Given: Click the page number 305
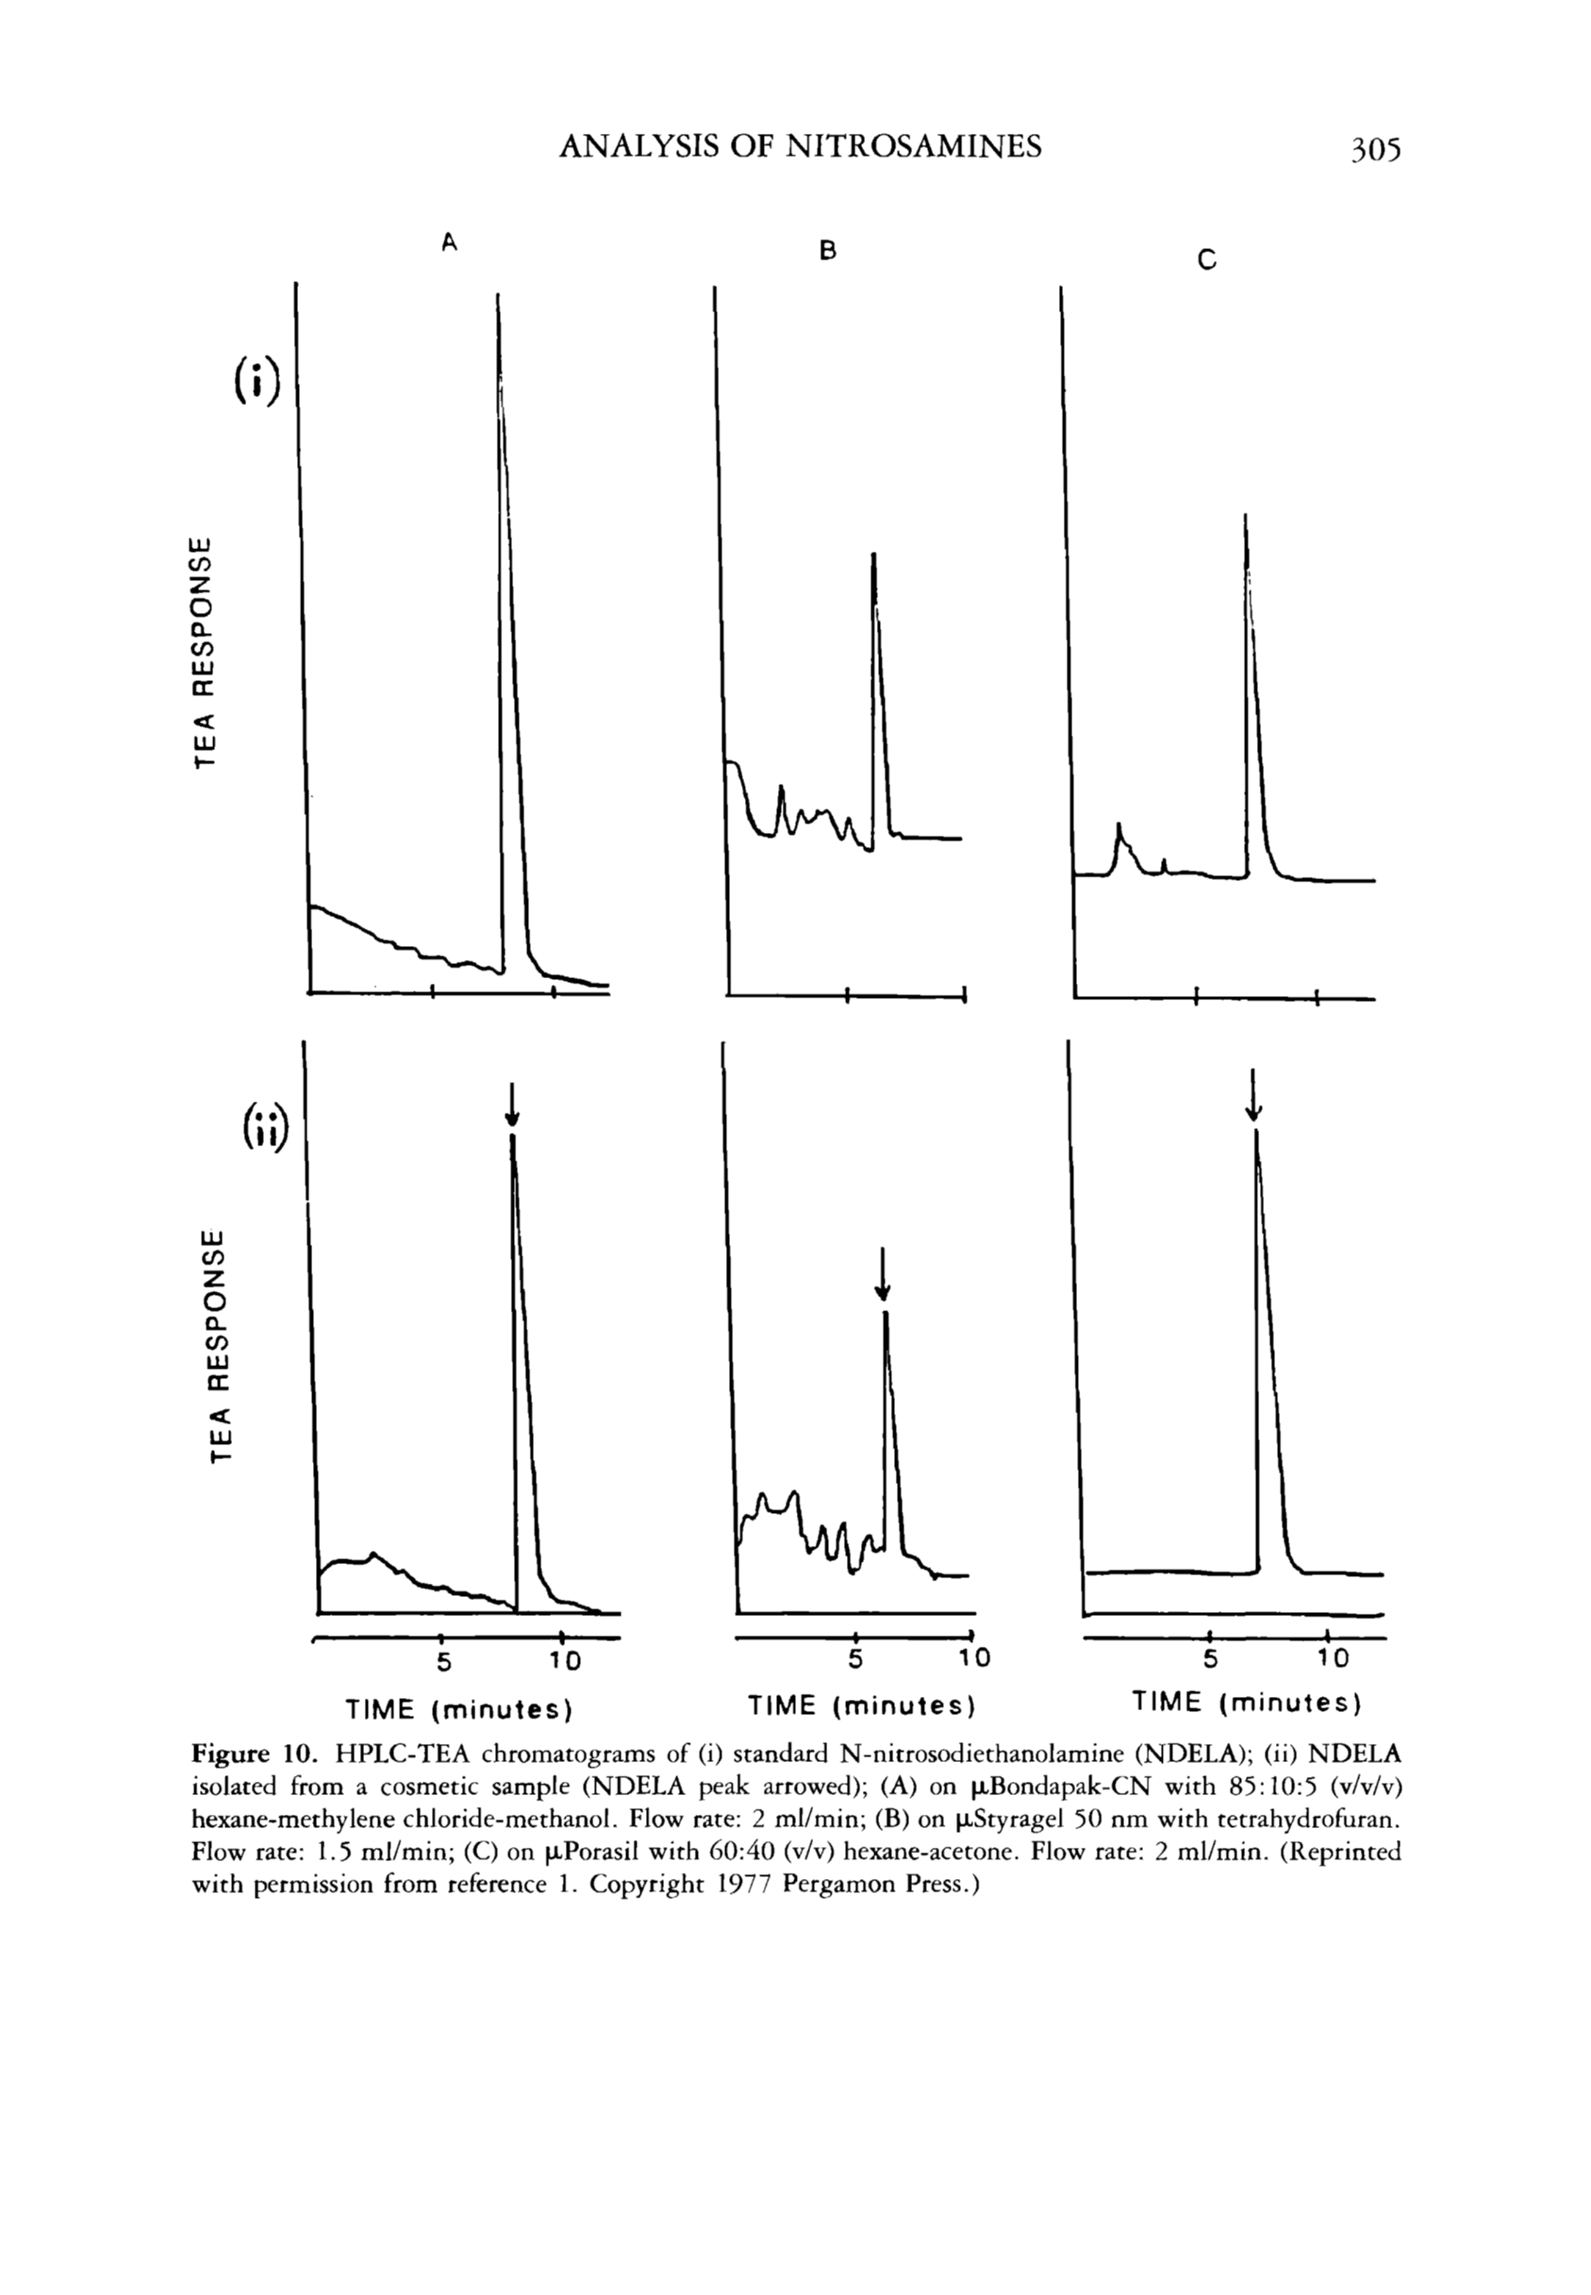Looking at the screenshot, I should coord(1376,150).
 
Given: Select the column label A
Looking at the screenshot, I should coord(450,242).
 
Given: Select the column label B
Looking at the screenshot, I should coord(826,250).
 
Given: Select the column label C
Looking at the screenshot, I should coord(1206,261).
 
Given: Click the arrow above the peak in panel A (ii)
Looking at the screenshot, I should coord(511,1105).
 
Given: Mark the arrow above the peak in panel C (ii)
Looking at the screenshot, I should coord(1253,1093).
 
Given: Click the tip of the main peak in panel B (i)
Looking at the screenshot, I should coord(873,555).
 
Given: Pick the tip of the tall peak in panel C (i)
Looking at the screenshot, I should coord(1245,515).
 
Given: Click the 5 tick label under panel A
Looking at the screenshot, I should coord(444,1662).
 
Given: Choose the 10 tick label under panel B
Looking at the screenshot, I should coord(974,1658).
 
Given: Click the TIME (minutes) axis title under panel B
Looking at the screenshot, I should coord(860,1705).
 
